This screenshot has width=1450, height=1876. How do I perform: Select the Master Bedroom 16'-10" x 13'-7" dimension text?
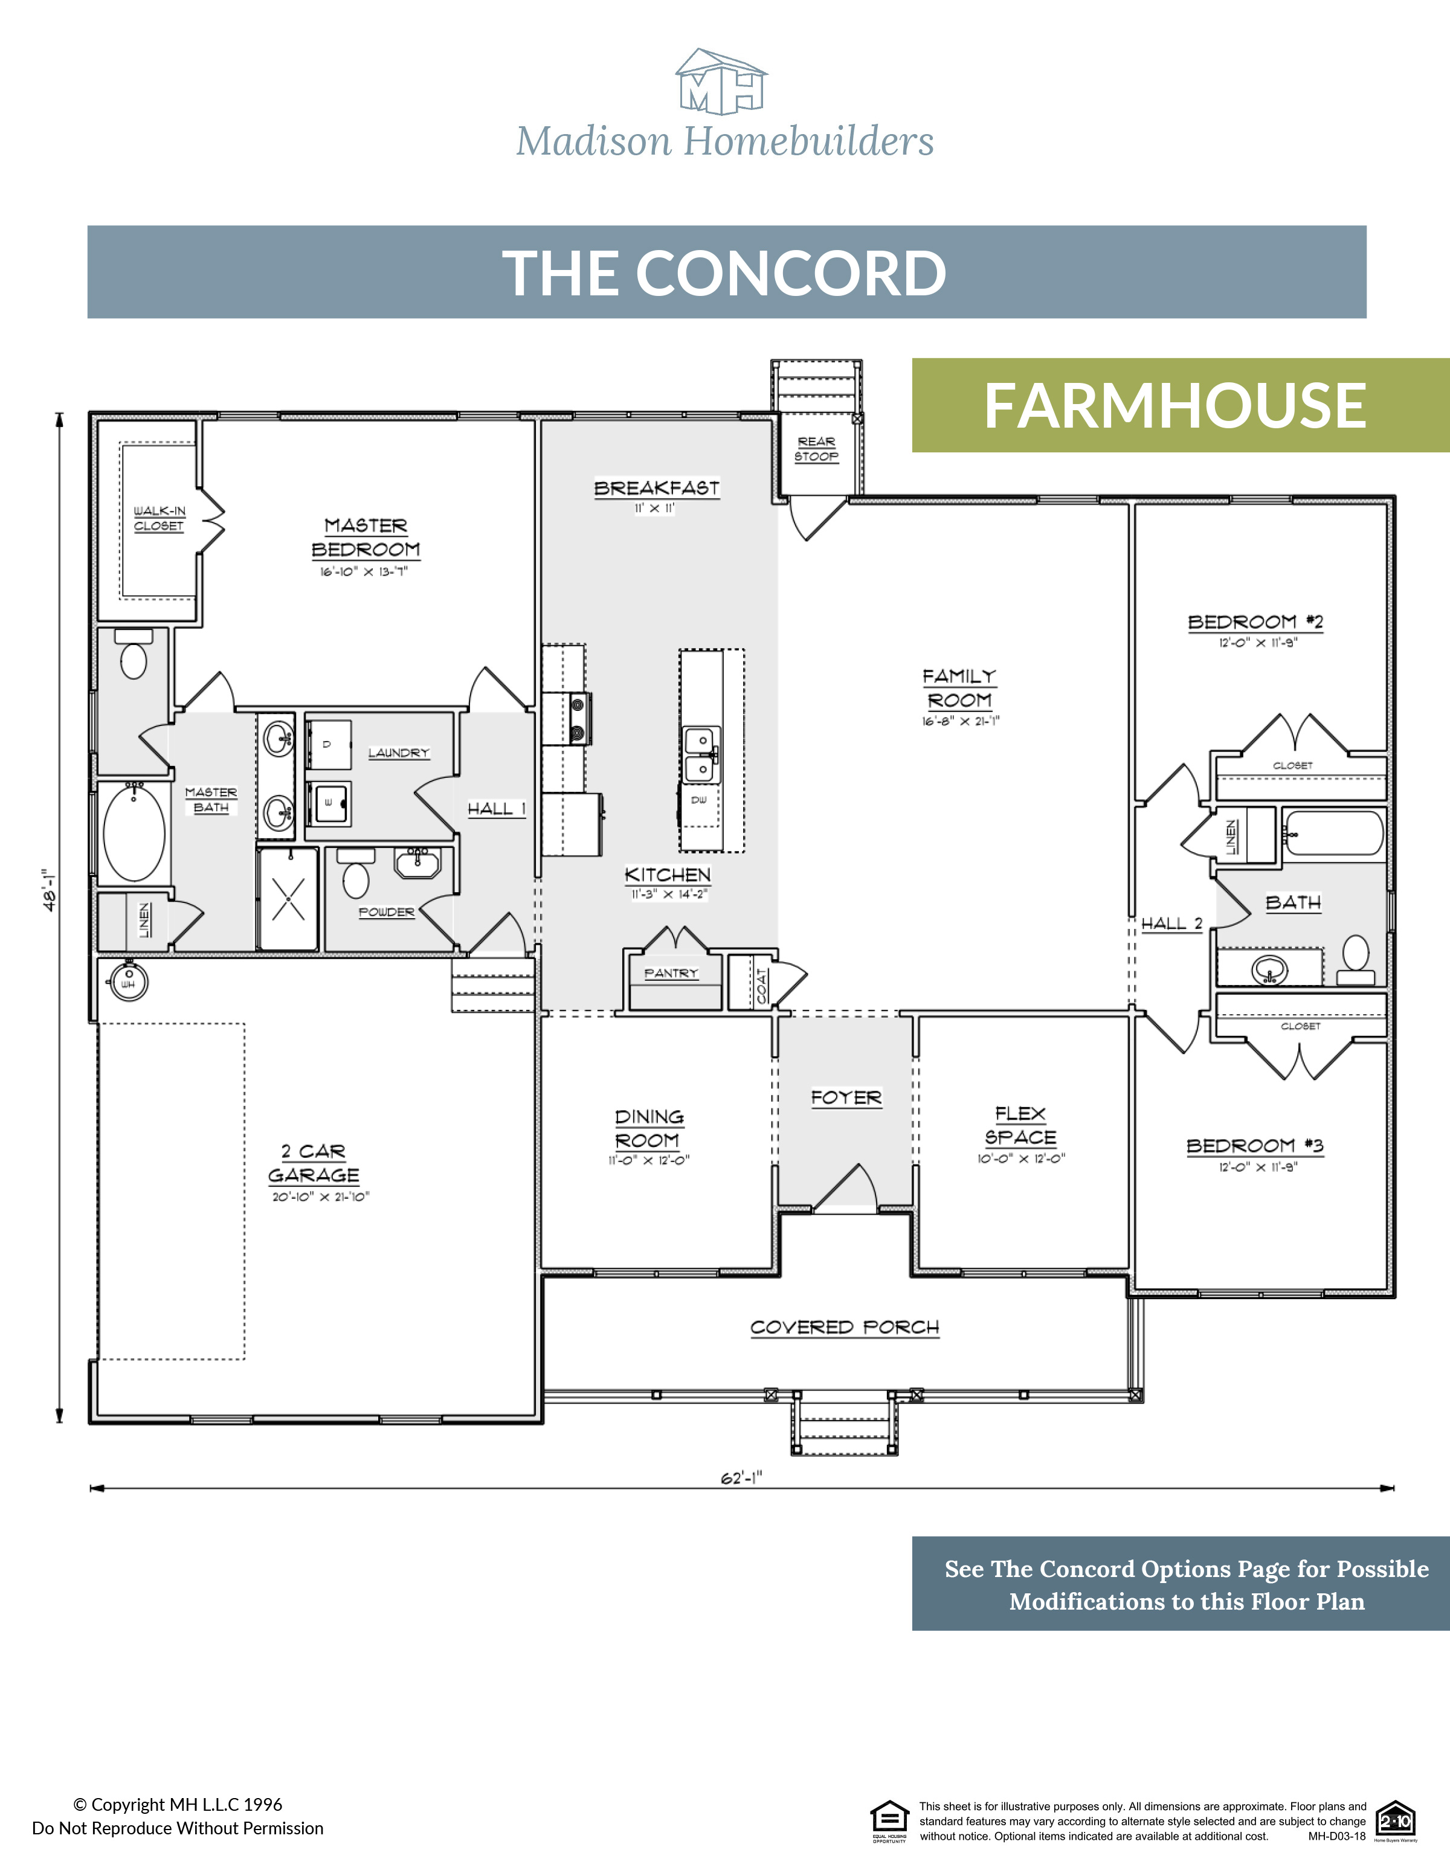[364, 572]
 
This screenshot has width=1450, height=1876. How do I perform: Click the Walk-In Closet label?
[159, 518]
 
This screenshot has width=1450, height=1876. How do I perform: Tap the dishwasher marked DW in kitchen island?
[699, 800]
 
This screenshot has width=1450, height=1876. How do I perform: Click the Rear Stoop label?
[816, 448]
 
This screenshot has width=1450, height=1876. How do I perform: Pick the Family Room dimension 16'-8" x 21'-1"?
[961, 722]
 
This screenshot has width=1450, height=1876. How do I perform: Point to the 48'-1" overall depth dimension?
[50, 889]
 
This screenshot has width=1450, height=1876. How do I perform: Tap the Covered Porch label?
[845, 1327]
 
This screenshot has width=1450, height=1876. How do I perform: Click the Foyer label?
[846, 1098]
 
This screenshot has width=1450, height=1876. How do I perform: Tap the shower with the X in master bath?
[289, 899]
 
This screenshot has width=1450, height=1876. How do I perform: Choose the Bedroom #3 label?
[1254, 1146]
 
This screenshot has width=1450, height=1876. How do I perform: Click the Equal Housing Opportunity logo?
[889, 1819]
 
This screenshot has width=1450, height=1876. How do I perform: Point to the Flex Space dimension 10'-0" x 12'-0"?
[1020, 1158]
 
